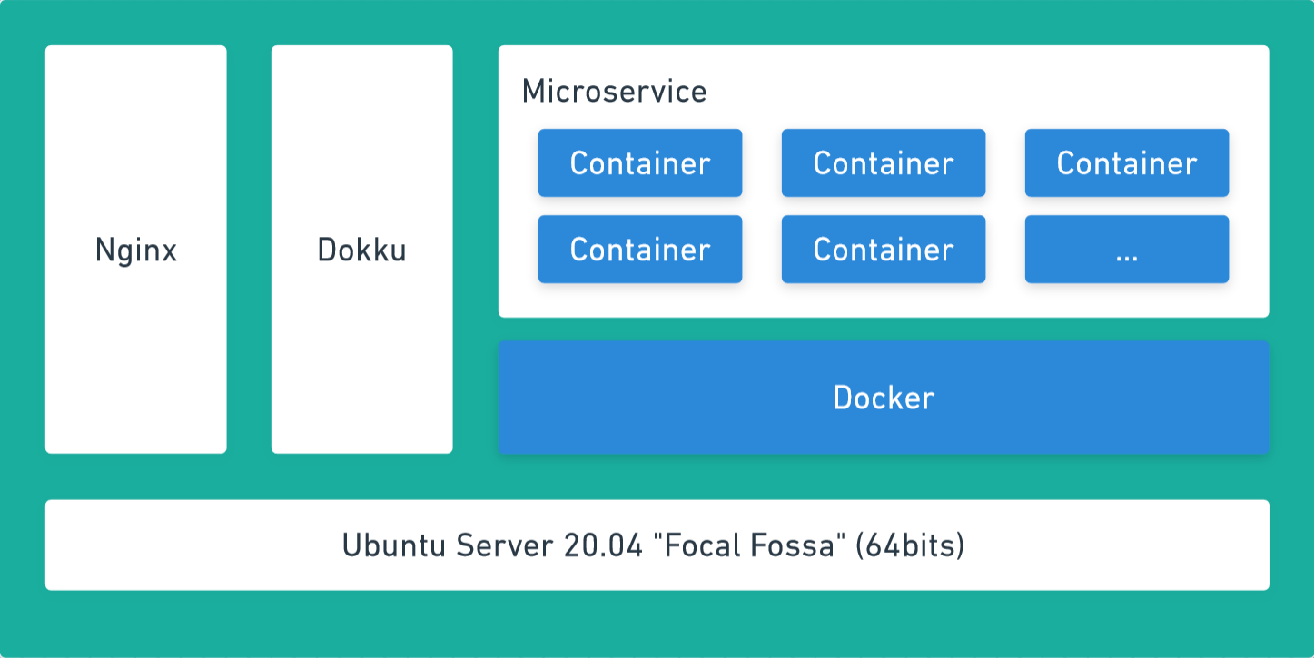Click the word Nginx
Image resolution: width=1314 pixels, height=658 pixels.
135,250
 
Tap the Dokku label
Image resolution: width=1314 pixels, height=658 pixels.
361,250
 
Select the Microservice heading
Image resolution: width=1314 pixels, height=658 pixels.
614,92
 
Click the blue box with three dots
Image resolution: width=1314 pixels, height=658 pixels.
1126,250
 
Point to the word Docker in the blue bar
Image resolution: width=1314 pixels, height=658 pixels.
884,398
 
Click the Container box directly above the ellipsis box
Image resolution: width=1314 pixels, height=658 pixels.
1126,163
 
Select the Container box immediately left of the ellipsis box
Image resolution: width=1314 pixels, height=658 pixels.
883,250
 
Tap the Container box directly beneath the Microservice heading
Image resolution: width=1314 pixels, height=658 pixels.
639,163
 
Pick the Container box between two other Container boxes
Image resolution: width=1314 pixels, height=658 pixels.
883,163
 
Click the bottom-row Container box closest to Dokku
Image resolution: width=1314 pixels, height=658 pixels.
639,250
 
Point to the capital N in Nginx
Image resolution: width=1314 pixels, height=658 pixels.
104,250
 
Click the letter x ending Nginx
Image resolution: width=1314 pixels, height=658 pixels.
169,251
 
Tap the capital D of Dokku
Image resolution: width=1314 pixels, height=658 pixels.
325,250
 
